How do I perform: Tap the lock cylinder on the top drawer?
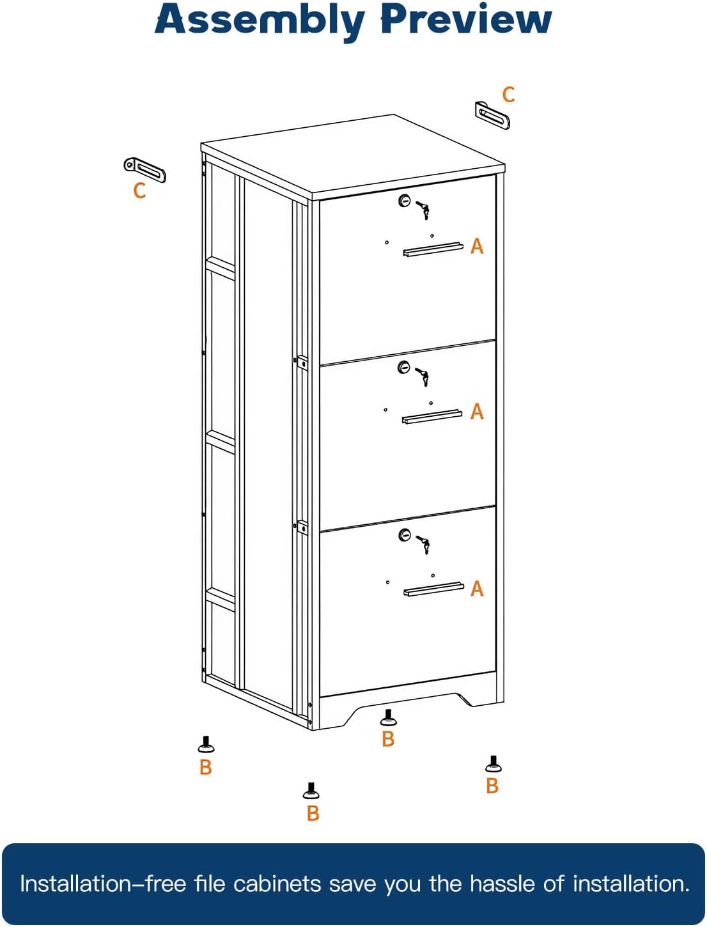(x=404, y=201)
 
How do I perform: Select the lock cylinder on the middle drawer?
(x=403, y=368)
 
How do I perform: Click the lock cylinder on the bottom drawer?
(x=405, y=534)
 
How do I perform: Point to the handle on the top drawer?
(x=433, y=249)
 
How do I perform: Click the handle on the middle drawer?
(x=432, y=417)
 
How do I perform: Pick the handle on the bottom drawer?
(x=433, y=589)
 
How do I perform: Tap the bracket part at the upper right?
(x=492, y=116)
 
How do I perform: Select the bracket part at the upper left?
(x=145, y=169)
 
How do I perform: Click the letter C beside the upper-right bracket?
(x=509, y=95)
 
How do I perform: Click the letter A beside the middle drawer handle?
(x=477, y=412)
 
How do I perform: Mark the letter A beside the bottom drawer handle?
(x=477, y=589)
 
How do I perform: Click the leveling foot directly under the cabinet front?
(x=388, y=718)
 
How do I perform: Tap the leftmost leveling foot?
(x=206, y=745)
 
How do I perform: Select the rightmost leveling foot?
(x=493, y=764)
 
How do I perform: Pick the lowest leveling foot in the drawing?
(x=311, y=791)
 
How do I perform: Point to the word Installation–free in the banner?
(x=103, y=884)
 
